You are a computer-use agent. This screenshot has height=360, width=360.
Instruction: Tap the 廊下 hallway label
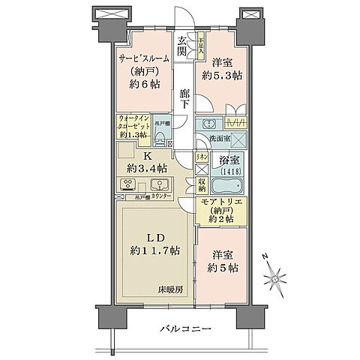pyautogui.click(x=184, y=97)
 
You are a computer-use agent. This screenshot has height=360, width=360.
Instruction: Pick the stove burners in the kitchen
pyautogui.click(x=127, y=185)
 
